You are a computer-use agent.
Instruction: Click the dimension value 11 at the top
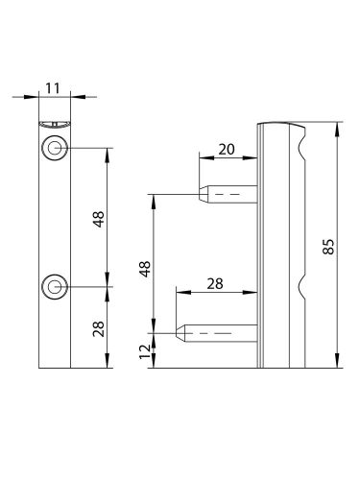(x=53, y=88)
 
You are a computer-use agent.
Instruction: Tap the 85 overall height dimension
(x=328, y=247)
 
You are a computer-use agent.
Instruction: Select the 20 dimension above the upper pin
(x=227, y=150)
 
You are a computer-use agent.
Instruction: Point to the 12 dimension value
(x=145, y=351)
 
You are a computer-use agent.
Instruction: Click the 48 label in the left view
(x=99, y=219)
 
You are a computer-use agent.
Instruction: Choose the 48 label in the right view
(x=145, y=269)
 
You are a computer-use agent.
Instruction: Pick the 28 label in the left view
(x=99, y=328)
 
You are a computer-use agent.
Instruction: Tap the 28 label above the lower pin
(x=215, y=284)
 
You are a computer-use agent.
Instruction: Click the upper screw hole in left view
(x=55, y=148)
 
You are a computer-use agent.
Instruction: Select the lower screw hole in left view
(x=55, y=287)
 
